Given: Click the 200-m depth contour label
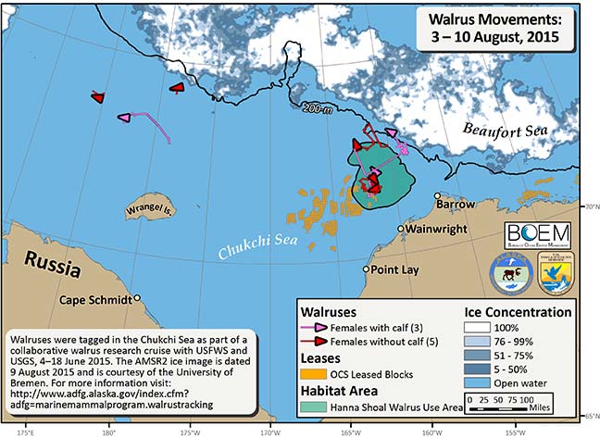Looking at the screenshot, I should click(x=315, y=109).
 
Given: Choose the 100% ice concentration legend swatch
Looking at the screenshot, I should click(x=479, y=327).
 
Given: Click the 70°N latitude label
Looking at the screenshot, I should click(x=590, y=206).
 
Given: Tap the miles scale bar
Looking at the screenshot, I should click(x=506, y=407).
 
